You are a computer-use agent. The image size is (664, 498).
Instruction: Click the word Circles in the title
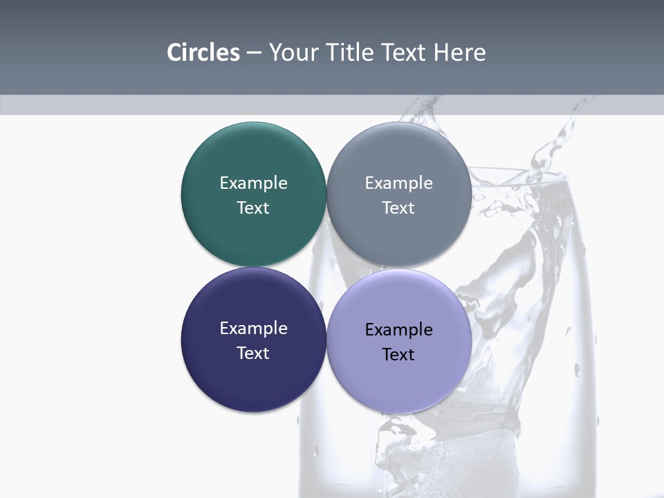tap(203, 53)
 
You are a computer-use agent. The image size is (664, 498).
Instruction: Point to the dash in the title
tap(254, 53)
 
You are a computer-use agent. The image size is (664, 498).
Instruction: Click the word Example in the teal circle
tap(253, 183)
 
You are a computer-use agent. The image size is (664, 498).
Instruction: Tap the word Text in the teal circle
tap(253, 207)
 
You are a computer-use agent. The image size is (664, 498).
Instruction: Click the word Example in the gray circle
tap(399, 183)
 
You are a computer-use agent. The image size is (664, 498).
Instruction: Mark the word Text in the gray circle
tap(399, 207)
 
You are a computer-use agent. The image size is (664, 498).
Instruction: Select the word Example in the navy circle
tap(253, 328)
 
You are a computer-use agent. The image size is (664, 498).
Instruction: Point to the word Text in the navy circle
tap(253, 353)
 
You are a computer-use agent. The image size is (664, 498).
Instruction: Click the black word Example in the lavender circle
tap(399, 329)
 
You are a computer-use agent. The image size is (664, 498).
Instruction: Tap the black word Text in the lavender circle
tap(399, 354)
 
